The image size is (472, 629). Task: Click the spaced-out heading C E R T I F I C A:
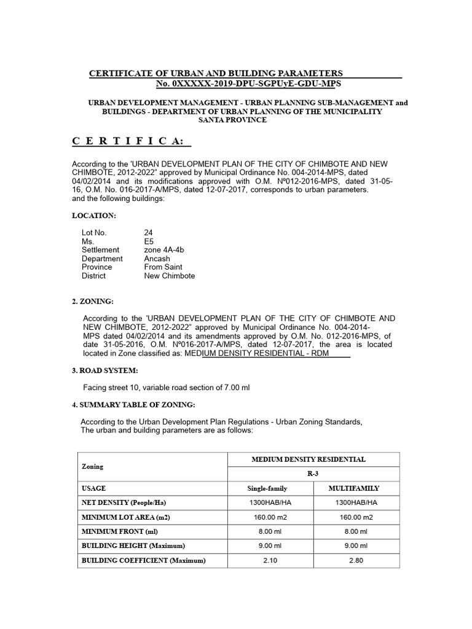click(132, 142)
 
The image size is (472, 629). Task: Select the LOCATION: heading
click(93, 216)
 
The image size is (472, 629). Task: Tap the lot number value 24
click(148, 233)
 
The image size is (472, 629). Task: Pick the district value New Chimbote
click(170, 276)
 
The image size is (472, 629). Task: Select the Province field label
click(97, 267)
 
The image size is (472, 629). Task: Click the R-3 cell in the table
click(313, 474)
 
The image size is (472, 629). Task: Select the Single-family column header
click(267, 488)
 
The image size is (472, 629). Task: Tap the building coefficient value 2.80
click(356, 560)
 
